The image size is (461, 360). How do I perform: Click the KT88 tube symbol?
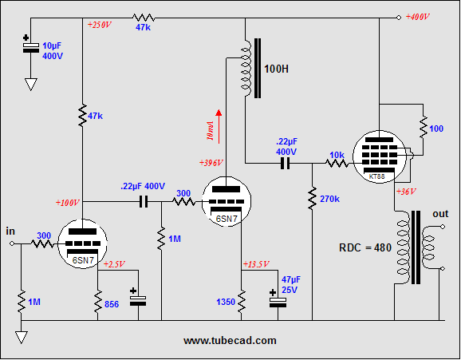[380, 156]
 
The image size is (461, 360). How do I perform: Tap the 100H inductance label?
[276, 69]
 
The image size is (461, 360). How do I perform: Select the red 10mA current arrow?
[219, 127]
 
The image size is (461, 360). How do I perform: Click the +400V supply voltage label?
[417, 17]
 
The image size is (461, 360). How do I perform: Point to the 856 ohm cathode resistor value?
[112, 304]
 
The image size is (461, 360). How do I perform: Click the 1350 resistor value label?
[226, 302]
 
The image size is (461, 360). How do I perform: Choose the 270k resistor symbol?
[312, 198]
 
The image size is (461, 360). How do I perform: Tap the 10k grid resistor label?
[337, 155]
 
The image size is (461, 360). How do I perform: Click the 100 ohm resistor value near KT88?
[436, 129]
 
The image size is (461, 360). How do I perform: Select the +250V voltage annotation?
[100, 25]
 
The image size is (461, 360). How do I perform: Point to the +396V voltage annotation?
[211, 163]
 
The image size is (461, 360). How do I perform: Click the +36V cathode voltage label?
[406, 192]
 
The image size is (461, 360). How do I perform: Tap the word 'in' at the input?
[10, 231]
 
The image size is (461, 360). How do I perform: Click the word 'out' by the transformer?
[440, 214]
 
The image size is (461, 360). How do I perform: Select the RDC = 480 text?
[365, 247]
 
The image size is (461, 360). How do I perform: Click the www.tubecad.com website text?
[230, 341]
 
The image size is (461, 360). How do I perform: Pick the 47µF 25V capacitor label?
[291, 285]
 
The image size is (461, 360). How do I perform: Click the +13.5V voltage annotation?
[256, 264]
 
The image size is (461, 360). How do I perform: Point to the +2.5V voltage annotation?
[114, 264]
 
